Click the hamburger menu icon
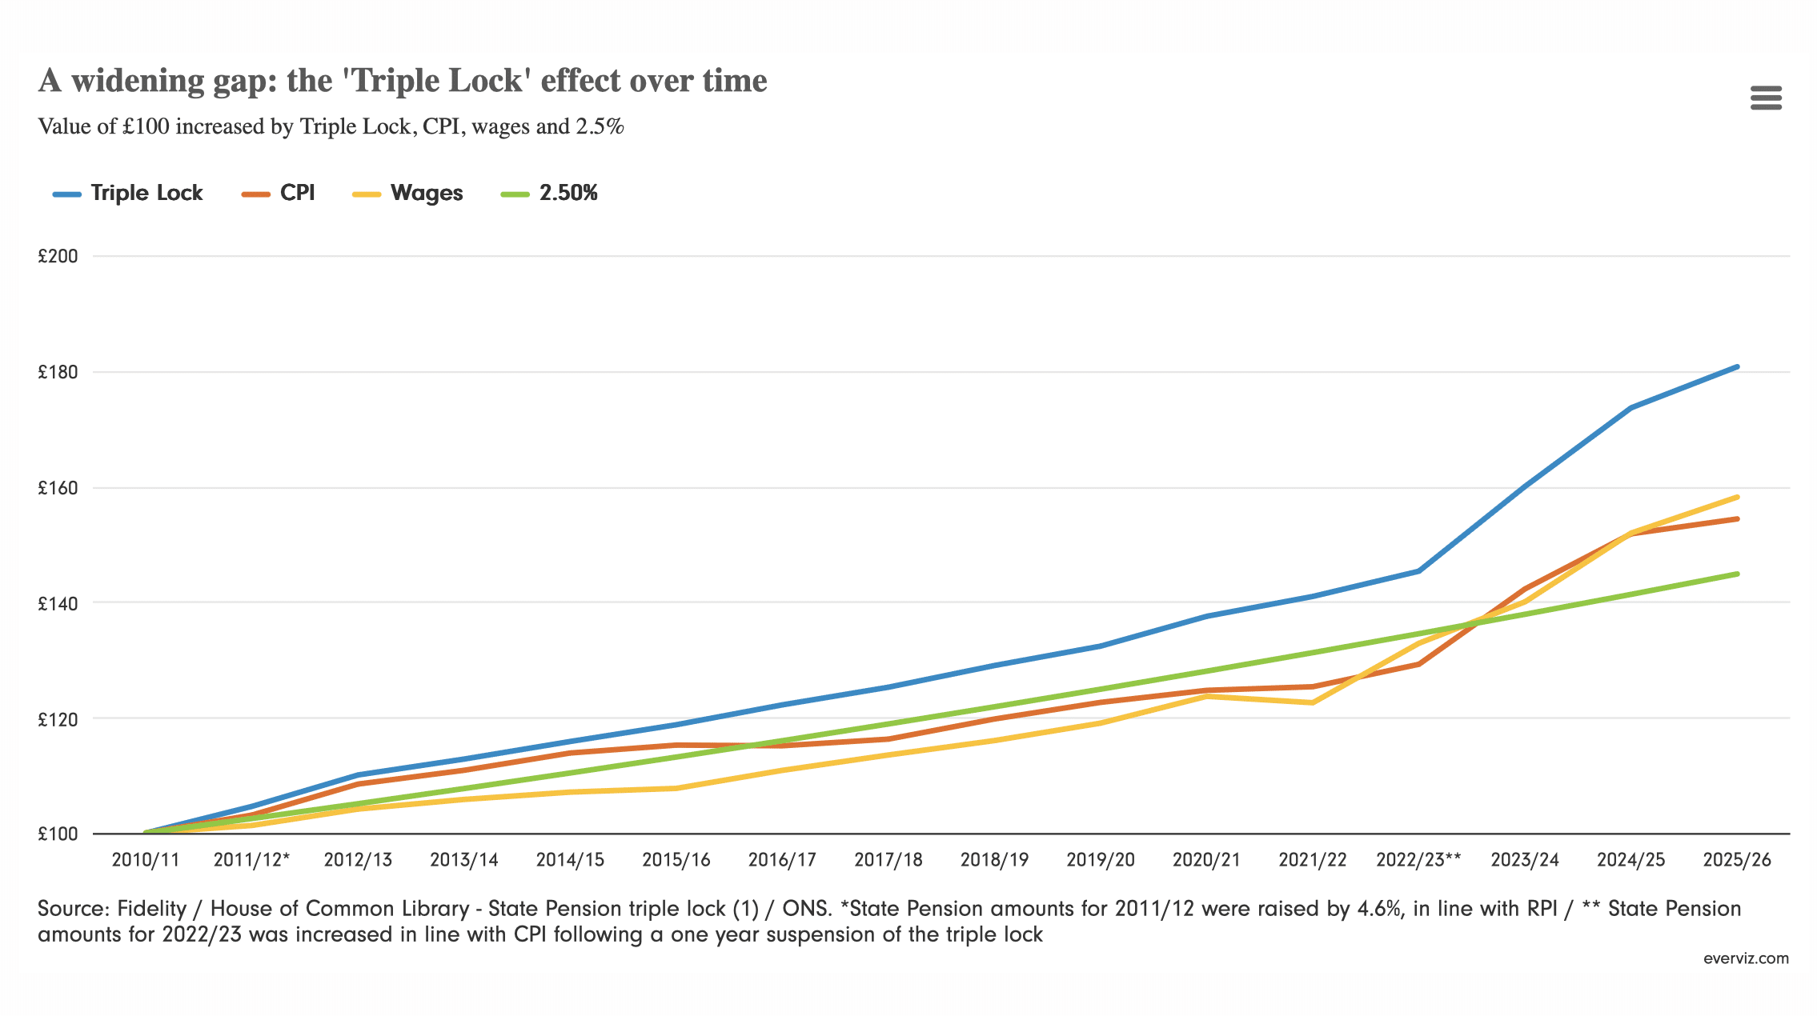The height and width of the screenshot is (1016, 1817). [x=1766, y=98]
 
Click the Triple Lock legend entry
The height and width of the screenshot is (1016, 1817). [x=128, y=194]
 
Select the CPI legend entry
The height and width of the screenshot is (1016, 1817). [x=279, y=194]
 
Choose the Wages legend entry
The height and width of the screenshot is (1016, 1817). [x=407, y=194]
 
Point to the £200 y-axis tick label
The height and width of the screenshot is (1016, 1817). [x=58, y=256]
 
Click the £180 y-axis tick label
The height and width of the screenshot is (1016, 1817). [x=58, y=372]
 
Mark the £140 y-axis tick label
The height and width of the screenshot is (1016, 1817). [x=58, y=603]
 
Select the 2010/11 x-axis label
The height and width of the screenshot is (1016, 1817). [x=146, y=860]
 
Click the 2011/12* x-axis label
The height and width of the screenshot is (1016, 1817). [x=251, y=860]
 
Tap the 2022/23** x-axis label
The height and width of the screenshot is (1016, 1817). [x=1418, y=860]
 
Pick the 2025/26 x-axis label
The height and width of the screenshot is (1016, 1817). [x=1737, y=860]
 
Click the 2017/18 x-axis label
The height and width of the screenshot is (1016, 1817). [x=888, y=860]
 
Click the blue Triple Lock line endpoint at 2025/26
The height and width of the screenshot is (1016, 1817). [x=1737, y=367]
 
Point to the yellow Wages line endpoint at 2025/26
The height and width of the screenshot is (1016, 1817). [x=1737, y=497]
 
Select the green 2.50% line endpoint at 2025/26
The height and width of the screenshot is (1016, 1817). [x=1737, y=574]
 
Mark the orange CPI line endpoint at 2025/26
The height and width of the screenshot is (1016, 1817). [x=1737, y=519]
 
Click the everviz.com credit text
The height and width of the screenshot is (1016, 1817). [x=1746, y=958]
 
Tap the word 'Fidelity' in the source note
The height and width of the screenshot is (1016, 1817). [x=151, y=909]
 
